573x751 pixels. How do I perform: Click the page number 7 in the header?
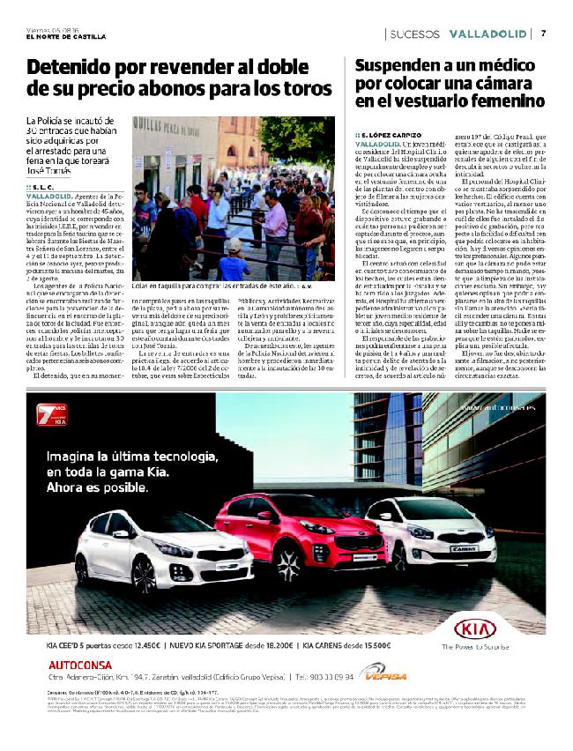tap(544, 33)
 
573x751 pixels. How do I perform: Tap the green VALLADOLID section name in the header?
tap(486, 33)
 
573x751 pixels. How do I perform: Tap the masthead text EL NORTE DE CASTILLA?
tap(66, 37)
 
